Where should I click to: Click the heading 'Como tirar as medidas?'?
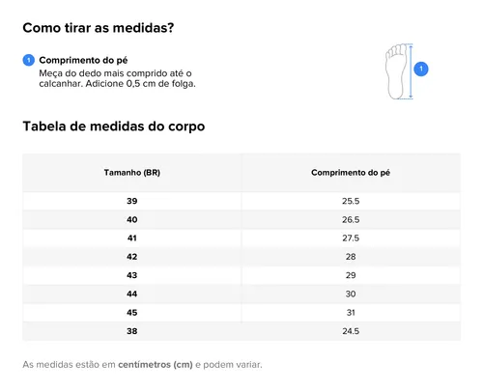[99, 28]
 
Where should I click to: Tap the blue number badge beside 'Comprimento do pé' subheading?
[29, 60]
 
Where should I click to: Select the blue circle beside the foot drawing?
[421, 69]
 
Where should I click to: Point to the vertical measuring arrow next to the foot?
[411, 71]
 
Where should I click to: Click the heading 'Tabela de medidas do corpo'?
[114, 126]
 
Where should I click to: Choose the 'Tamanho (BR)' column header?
[132, 173]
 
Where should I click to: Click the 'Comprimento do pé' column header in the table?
[351, 173]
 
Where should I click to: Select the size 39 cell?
[132, 201]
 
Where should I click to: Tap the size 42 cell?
[132, 257]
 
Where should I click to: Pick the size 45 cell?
[132, 313]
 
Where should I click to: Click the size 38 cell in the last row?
[132, 331]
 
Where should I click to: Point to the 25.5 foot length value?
[351, 201]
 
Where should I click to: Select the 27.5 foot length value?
[351, 238]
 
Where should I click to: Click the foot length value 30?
[351, 294]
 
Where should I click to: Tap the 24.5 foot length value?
[351, 331]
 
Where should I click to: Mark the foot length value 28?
[351, 257]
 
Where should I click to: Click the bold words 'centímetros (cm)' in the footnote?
[156, 365]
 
